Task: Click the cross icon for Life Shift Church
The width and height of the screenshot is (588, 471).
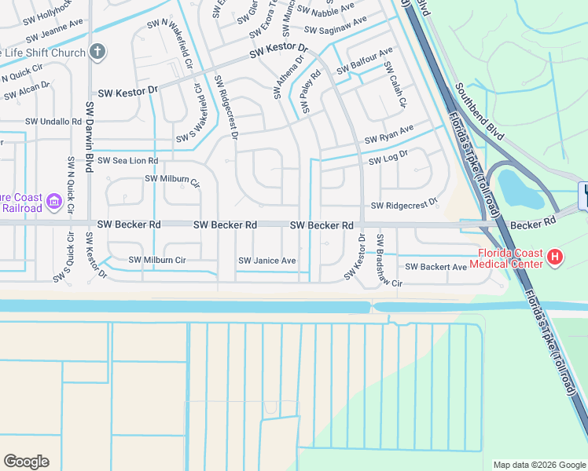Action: [97, 53]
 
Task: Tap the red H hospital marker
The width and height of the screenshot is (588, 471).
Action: [554, 256]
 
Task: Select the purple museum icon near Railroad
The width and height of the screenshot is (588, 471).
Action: [54, 202]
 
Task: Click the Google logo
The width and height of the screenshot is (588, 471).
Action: [26, 462]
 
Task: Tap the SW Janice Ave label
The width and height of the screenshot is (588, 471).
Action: [267, 261]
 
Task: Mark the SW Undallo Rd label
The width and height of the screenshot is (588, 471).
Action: [53, 122]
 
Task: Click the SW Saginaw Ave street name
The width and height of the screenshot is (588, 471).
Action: [336, 26]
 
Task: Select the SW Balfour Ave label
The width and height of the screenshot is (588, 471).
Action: [365, 63]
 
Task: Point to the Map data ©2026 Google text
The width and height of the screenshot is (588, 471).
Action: [538, 465]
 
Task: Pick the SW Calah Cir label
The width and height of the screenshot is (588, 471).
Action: [395, 86]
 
